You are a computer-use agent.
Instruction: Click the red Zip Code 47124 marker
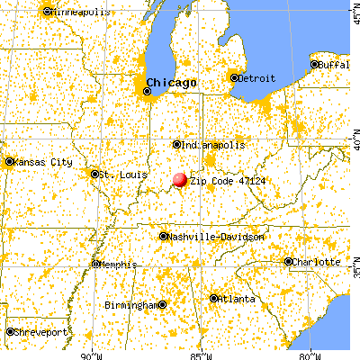(x=180, y=180)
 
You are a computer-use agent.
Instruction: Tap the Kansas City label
(x=41, y=162)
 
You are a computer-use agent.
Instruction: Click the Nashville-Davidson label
(x=216, y=237)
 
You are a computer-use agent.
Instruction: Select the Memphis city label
(x=118, y=264)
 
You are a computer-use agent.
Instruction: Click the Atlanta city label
(x=235, y=299)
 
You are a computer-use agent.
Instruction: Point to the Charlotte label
(x=317, y=262)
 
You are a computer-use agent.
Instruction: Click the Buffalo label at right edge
(x=338, y=65)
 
